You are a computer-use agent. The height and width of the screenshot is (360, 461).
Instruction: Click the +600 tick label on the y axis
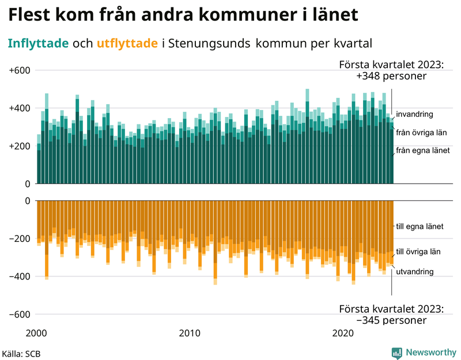tap(19, 70)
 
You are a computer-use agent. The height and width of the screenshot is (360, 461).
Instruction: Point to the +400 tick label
tap(19, 108)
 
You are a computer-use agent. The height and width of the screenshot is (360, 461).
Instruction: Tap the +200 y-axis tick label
tap(19, 146)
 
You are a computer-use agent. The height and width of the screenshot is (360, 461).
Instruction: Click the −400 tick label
tap(19, 276)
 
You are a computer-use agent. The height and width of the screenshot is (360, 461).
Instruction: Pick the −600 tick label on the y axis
tap(19, 314)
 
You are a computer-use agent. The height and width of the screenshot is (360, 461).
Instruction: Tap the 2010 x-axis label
tap(190, 334)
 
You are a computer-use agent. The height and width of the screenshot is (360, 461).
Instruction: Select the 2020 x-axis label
tap(343, 334)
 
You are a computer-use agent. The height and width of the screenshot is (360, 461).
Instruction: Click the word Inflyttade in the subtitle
tap(38, 43)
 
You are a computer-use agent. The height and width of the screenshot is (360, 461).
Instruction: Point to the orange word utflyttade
tap(127, 43)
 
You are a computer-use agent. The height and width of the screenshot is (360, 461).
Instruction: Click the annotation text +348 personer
tap(391, 76)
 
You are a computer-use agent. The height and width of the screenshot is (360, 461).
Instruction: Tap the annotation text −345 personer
tap(391, 320)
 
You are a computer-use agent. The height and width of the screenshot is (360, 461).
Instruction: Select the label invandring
tap(415, 114)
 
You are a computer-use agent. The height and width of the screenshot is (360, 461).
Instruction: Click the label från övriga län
tap(422, 132)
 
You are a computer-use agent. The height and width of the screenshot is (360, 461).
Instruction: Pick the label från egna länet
tap(422, 151)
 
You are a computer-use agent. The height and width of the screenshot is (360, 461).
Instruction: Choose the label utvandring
tap(415, 271)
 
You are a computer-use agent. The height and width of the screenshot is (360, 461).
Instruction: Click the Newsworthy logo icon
tap(396, 353)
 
